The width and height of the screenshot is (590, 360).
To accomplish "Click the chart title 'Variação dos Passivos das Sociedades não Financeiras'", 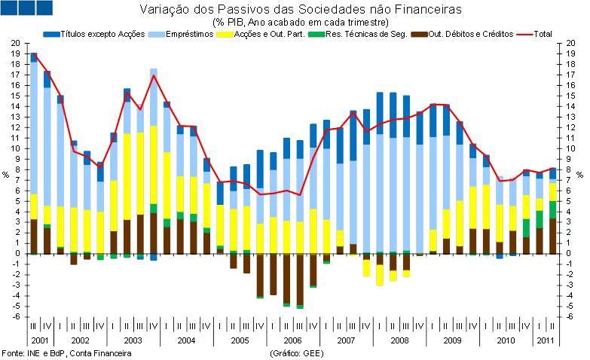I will (300, 10).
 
